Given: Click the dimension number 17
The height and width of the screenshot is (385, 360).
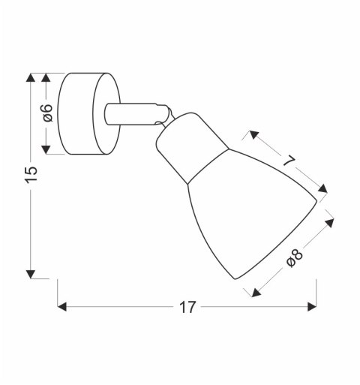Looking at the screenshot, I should point(187,308).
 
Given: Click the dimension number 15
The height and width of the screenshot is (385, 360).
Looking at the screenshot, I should point(31,174).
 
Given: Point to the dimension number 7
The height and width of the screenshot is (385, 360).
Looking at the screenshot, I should point(289,159).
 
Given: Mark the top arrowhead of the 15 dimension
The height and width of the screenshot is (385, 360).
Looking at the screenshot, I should point(31,77).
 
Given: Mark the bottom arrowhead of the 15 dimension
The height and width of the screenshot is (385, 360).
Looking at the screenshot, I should point(31,273).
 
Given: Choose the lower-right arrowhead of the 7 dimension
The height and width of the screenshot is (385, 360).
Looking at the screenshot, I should point(323,189).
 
